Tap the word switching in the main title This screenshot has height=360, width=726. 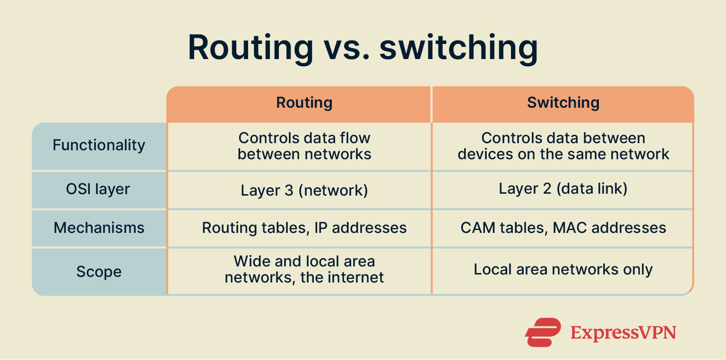[x=458, y=48]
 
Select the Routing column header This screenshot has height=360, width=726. [x=304, y=103]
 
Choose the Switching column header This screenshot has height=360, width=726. [x=563, y=103]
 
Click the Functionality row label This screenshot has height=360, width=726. [x=99, y=145]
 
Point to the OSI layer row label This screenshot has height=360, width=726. [x=98, y=189]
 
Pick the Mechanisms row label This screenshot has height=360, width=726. [x=99, y=228]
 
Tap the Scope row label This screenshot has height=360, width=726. [x=99, y=272]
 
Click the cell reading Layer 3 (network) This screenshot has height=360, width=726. [x=304, y=190]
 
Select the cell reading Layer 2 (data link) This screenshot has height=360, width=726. [x=563, y=189]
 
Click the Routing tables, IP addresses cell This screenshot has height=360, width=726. [x=304, y=228]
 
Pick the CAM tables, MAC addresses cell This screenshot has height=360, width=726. [x=563, y=228]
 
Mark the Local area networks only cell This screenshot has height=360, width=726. [x=563, y=270]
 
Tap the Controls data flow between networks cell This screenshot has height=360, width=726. [x=304, y=146]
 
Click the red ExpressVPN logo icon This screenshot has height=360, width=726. [x=543, y=332]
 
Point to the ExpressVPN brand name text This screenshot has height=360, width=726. [x=623, y=333]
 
